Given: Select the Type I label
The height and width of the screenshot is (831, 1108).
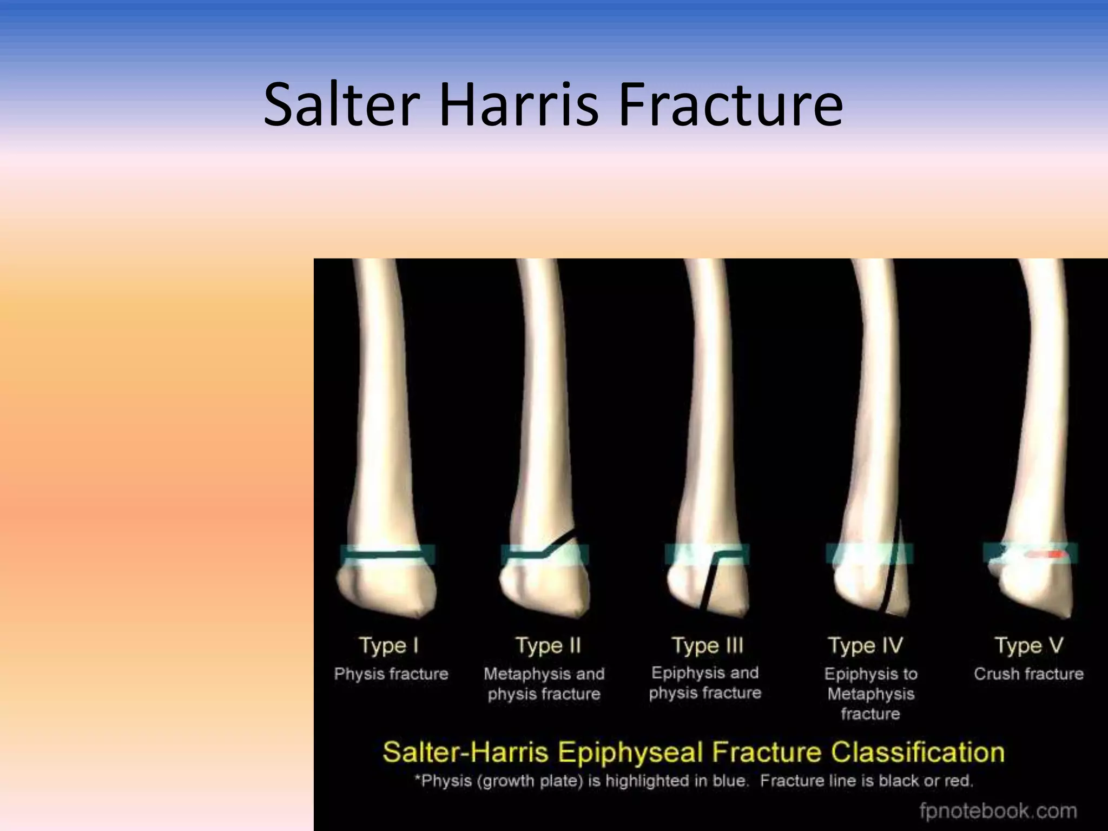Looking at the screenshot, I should click(x=388, y=645).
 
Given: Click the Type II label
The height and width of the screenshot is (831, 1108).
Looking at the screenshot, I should click(x=548, y=645).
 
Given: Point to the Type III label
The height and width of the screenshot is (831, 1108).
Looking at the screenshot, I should click(x=707, y=645).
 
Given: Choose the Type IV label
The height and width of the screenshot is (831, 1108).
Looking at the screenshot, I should click(x=865, y=645).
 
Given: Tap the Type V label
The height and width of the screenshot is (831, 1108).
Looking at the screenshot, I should click(x=1028, y=645).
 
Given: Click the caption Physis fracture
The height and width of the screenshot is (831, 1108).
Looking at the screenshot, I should click(x=391, y=674).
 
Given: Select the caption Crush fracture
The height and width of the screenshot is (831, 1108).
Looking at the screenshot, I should click(x=1028, y=674).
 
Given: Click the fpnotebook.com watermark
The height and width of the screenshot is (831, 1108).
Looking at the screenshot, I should click(x=998, y=811).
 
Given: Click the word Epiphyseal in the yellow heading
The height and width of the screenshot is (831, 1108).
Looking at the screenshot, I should click(x=630, y=753).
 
